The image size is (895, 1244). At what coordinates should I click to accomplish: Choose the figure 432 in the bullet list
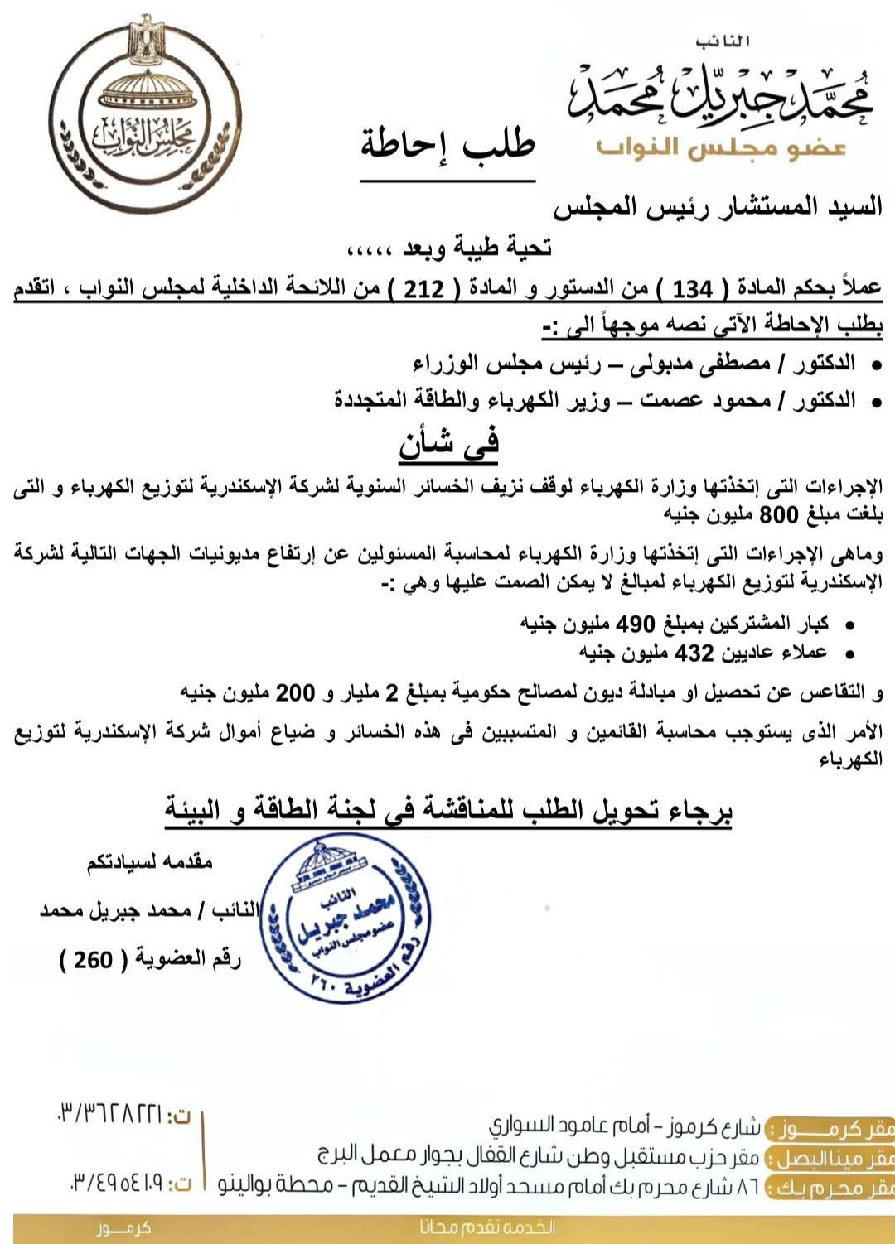click(694, 653)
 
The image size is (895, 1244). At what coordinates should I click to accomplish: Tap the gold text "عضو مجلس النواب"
click(720, 147)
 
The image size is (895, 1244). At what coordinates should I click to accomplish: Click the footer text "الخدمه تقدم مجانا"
click(487, 1227)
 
